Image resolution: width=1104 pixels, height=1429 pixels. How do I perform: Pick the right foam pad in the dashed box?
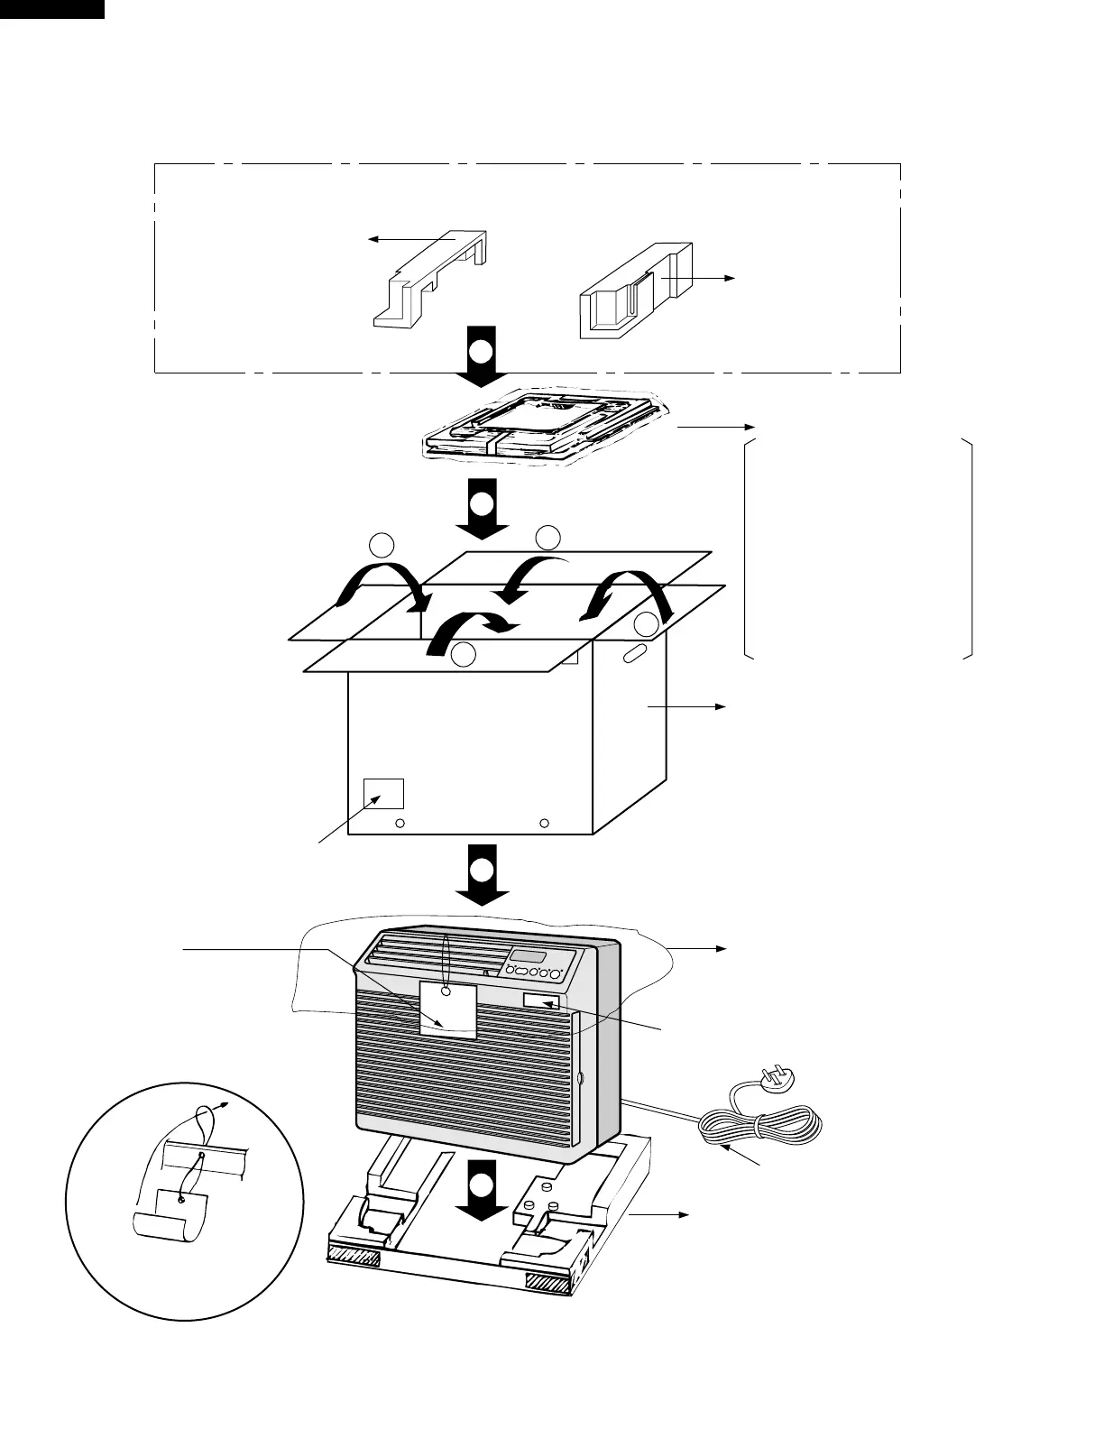pyautogui.click(x=635, y=289)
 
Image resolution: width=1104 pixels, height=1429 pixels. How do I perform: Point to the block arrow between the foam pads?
pyautogui.click(x=482, y=355)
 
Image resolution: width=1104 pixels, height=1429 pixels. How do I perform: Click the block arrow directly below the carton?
pyautogui.click(x=482, y=873)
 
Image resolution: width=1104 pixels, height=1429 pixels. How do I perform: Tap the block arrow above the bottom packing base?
pyautogui.click(x=482, y=1191)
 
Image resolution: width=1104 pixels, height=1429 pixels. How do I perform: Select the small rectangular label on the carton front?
pyautogui.click(x=383, y=793)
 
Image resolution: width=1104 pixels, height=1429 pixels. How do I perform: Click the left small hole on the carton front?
pyautogui.click(x=401, y=824)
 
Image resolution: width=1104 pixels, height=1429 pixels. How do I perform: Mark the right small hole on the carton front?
pyautogui.click(x=544, y=824)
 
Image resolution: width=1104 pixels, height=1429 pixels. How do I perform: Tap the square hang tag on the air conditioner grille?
pyautogui.click(x=447, y=1010)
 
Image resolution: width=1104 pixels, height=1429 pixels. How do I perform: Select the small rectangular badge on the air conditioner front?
pyautogui.click(x=541, y=1001)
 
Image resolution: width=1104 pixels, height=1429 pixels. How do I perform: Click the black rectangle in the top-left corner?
pyautogui.click(x=51, y=9)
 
